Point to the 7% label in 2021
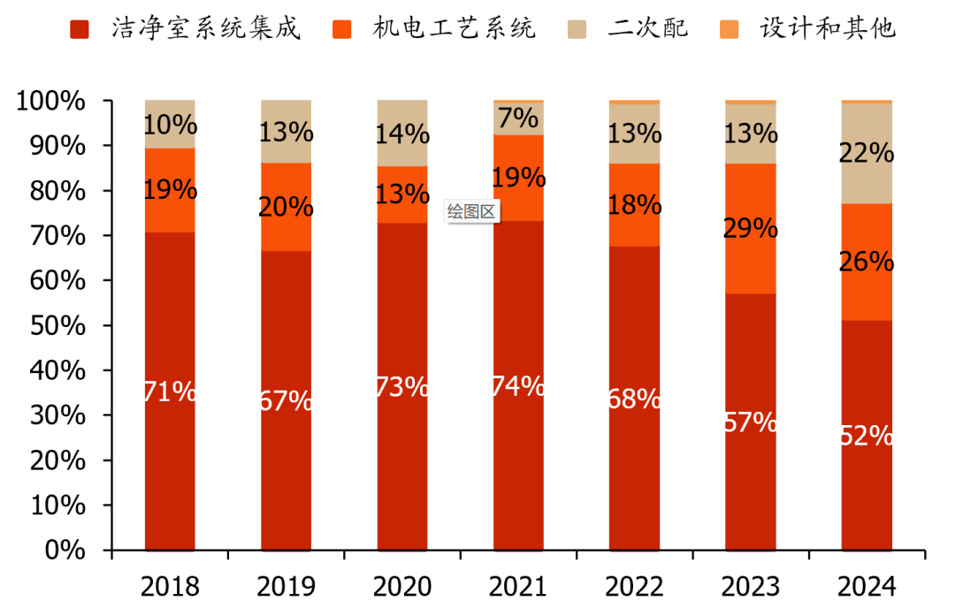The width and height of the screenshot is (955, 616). coord(518,118)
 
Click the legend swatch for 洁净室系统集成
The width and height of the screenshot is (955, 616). coord(80,29)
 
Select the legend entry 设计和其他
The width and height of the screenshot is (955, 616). coord(828,29)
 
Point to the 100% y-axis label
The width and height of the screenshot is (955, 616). coord(52,101)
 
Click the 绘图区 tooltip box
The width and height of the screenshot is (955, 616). coord(473,211)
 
